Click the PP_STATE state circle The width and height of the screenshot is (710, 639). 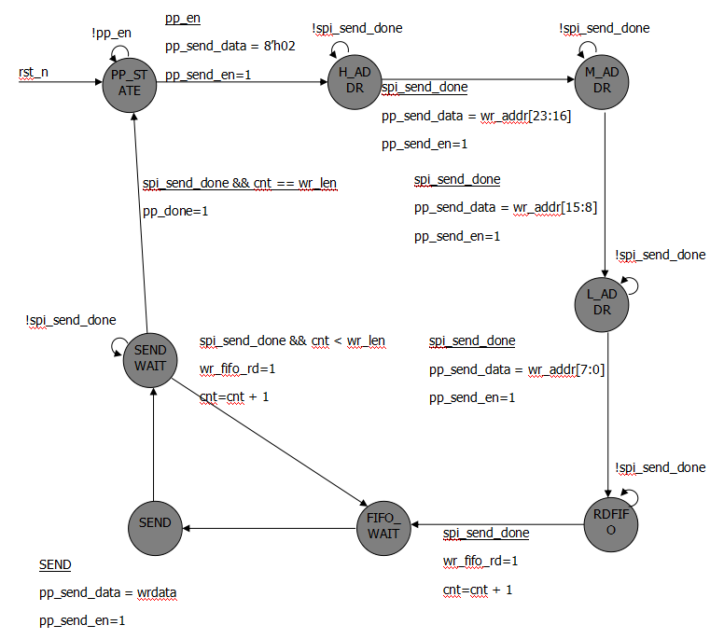pyautogui.click(x=130, y=82)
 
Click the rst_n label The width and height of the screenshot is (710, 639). pyautogui.click(x=34, y=72)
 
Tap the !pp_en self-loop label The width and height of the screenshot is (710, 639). pyautogui.click(x=110, y=33)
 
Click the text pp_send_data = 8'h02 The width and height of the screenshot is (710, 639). pyautogui.click(x=230, y=45)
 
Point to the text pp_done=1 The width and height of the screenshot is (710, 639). pyautogui.click(x=175, y=211)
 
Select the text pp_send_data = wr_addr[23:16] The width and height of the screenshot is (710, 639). pyautogui.click(x=476, y=117)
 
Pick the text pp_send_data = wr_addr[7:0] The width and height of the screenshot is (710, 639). pyautogui.click(x=517, y=369)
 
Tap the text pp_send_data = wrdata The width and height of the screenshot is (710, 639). pyautogui.click(x=108, y=592)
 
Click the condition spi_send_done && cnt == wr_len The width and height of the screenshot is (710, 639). pyautogui.click(x=239, y=184)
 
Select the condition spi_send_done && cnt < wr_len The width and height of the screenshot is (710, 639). pyautogui.click(x=292, y=341)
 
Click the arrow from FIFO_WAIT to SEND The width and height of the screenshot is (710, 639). pyautogui.click(x=271, y=529)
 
